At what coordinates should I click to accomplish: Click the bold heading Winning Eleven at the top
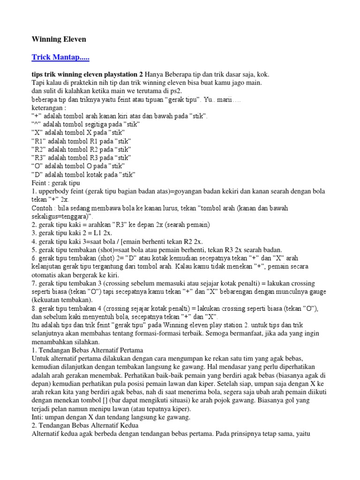click(x=59, y=39)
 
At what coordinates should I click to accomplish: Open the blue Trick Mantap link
click(x=60, y=58)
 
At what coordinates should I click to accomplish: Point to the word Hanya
click(x=156, y=75)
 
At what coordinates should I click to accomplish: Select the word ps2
click(x=175, y=91)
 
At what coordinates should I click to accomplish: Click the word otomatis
click(x=45, y=275)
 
